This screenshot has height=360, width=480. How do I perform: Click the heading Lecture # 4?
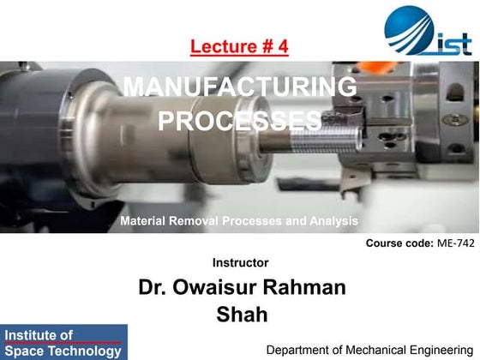click(x=239, y=45)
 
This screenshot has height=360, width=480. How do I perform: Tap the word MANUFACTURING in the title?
click(x=240, y=87)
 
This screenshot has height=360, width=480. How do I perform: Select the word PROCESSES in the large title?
click(x=240, y=121)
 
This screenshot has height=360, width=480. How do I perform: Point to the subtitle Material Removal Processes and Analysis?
click(x=239, y=221)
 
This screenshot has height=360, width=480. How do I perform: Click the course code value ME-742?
click(x=455, y=243)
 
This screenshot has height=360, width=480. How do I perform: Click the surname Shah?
click(x=242, y=315)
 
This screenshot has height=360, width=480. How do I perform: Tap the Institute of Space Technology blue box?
click(x=63, y=342)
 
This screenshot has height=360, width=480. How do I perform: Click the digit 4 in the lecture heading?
click(x=283, y=45)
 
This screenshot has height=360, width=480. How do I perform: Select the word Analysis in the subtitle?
click(x=333, y=221)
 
